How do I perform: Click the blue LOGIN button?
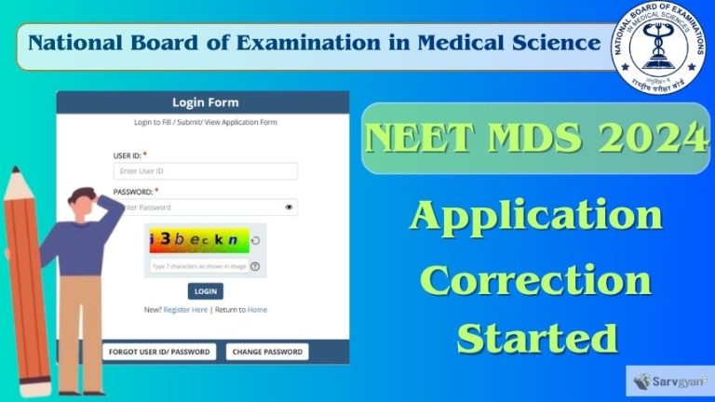pyautogui.click(x=206, y=291)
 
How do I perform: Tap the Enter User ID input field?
pyautogui.click(x=206, y=171)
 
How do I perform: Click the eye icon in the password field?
pyautogui.click(x=290, y=208)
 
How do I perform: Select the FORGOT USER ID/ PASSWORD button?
pyautogui.click(x=159, y=352)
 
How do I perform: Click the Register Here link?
pyautogui.click(x=185, y=310)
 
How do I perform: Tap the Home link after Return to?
pyautogui.click(x=257, y=310)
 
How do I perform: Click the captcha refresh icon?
pyautogui.click(x=255, y=240)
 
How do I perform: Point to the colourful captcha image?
pyautogui.click(x=198, y=239)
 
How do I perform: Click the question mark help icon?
pyautogui.click(x=254, y=266)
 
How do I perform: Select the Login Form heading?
pyautogui.click(x=205, y=102)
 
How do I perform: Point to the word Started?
pyautogui.click(x=537, y=337)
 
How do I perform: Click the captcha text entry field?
pyautogui.click(x=199, y=266)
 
